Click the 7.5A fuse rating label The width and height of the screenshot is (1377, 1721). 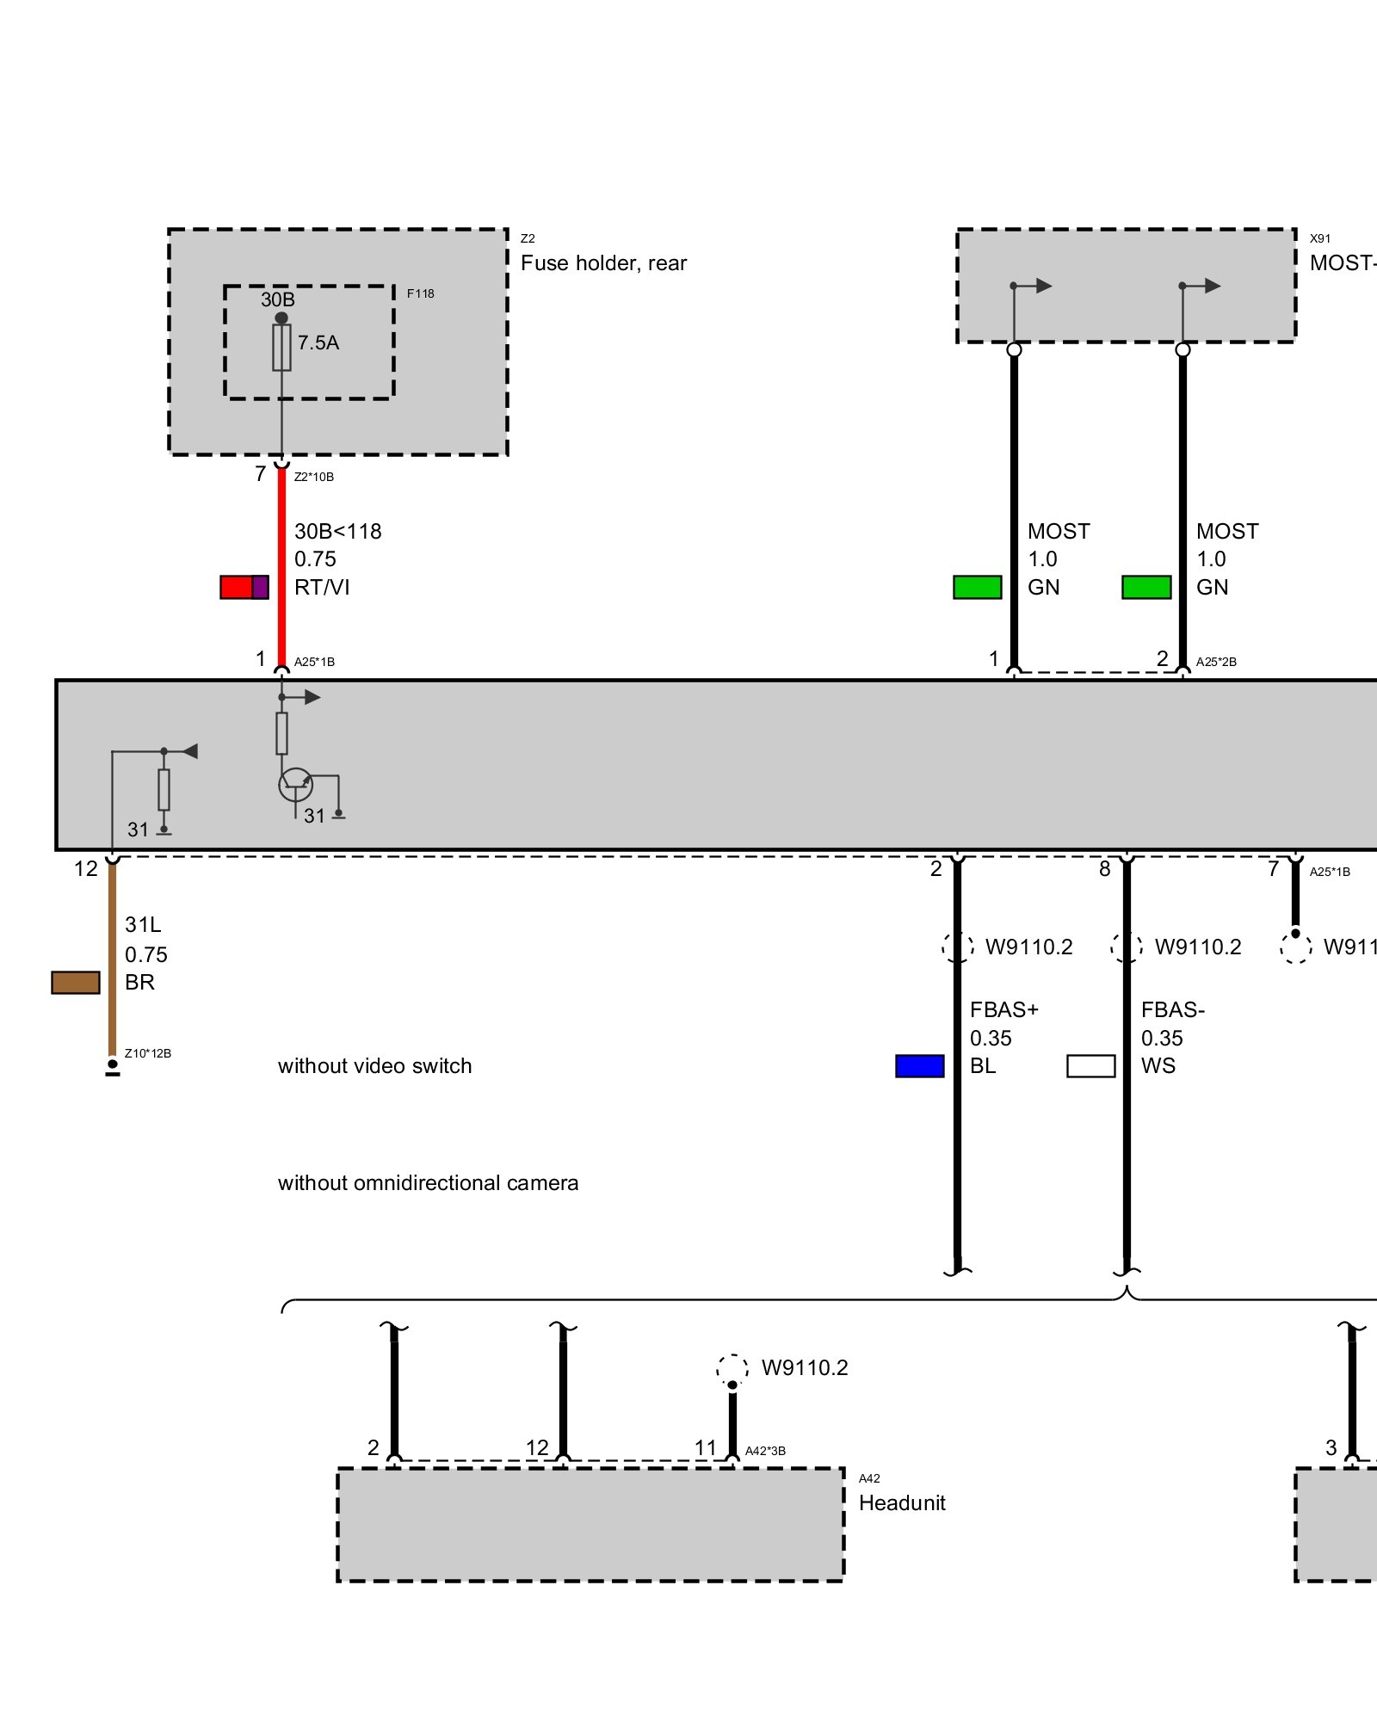click(318, 342)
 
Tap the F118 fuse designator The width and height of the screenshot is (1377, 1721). click(420, 293)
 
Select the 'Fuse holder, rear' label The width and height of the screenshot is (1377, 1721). click(603, 263)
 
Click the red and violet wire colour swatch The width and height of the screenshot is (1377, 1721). click(244, 587)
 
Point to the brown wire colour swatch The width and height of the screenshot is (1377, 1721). click(76, 982)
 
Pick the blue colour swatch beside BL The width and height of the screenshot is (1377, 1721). click(920, 1065)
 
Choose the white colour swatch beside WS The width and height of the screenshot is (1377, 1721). click(1090, 1065)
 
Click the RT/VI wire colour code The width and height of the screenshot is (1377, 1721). click(322, 587)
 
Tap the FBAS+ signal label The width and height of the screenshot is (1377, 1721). click(1003, 1009)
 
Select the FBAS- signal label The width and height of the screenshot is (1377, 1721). click(1172, 1009)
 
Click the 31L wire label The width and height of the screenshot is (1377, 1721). click(143, 925)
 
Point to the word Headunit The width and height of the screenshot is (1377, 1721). click(902, 1502)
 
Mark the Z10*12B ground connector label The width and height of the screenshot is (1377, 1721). click(148, 1053)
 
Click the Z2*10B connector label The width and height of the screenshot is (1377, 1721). click(314, 477)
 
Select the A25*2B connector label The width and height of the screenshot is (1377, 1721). click(1216, 662)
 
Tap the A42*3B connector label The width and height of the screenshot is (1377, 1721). click(765, 1451)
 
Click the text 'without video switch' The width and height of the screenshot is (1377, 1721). click(374, 1066)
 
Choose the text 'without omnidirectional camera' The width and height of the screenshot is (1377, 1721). click(428, 1183)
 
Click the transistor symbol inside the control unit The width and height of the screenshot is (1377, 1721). click(295, 785)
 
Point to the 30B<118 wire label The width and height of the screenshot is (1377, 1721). click(337, 532)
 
